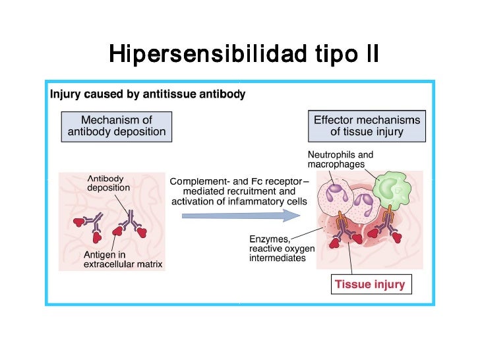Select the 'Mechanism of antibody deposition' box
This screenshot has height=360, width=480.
(117, 126)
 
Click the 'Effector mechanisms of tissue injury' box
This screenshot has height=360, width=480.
(367, 126)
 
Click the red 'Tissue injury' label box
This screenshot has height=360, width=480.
(370, 285)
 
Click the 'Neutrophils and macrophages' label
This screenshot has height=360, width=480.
(340, 160)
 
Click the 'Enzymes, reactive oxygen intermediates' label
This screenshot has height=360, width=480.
(282, 249)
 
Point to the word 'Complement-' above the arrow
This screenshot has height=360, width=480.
(200, 181)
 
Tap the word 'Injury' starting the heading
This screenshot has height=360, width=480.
(65, 94)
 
